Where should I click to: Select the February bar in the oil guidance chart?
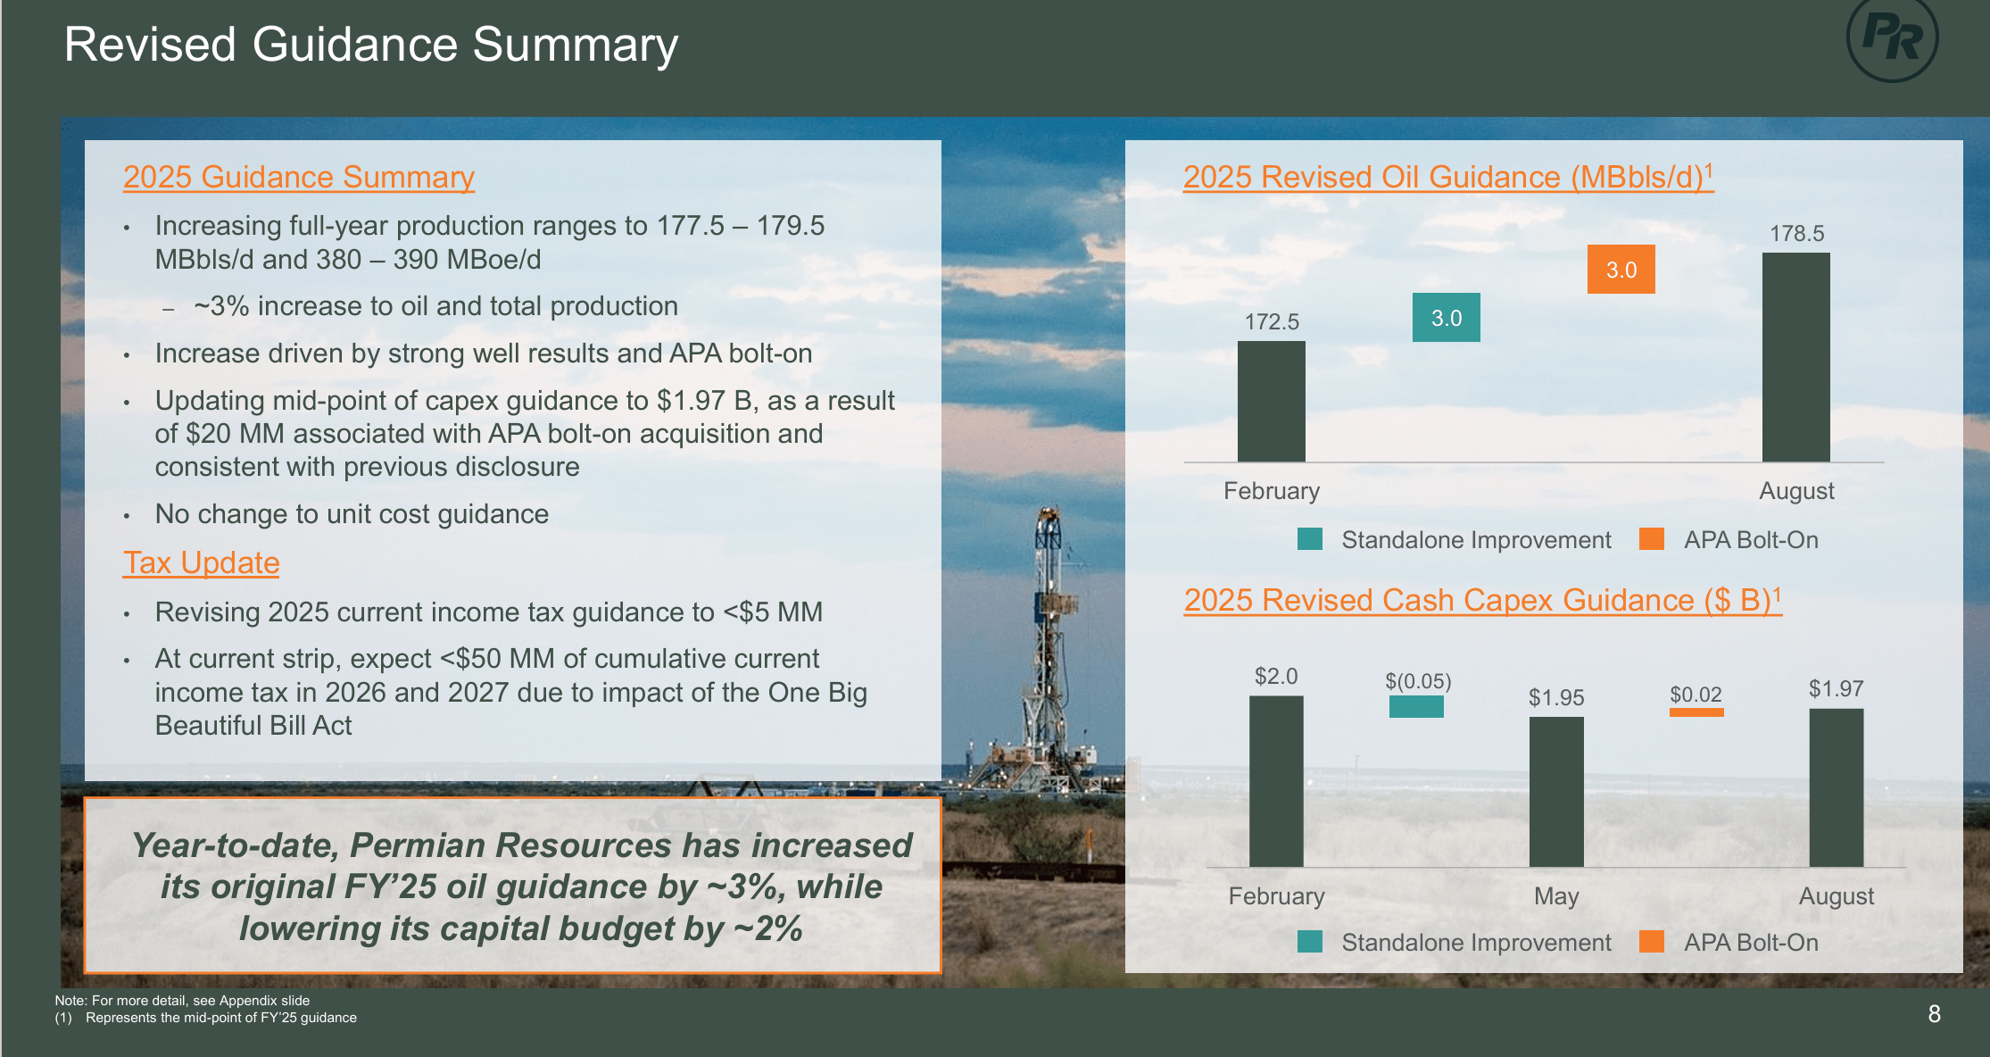[1271, 402]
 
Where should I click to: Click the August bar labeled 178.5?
[1795, 357]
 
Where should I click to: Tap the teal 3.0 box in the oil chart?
[1446, 318]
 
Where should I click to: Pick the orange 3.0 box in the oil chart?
[1621, 270]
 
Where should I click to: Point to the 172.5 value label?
[1272, 321]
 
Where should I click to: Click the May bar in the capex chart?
[1556, 791]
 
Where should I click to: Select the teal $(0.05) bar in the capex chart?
[1416, 707]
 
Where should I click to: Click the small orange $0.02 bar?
[1696, 712]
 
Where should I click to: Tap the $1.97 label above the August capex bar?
[1836, 688]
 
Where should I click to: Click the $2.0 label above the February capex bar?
[1276, 676]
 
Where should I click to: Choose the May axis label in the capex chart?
[1556, 895]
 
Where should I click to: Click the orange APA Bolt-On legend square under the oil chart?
[1652, 539]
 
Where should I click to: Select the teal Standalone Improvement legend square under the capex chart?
[1310, 942]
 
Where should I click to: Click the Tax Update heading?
[202, 562]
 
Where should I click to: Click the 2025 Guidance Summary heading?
[298, 177]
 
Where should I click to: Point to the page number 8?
[1934, 1014]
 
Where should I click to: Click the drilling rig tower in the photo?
[1049, 625]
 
